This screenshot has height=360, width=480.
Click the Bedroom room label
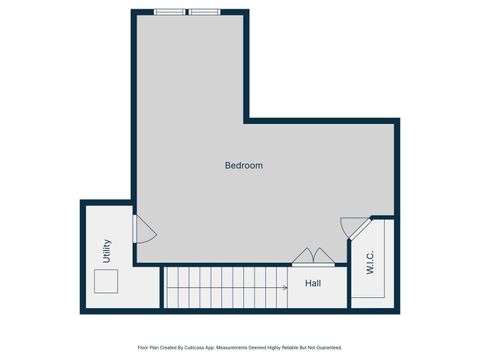click(x=243, y=165)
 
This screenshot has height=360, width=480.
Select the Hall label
click(x=313, y=283)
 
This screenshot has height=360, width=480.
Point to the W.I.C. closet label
click(x=370, y=262)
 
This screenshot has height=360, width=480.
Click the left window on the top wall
click(x=169, y=12)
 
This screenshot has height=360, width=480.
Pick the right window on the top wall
click(x=204, y=12)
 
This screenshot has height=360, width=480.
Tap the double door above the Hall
click(x=308, y=256)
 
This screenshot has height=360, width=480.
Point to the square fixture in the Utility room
click(x=106, y=282)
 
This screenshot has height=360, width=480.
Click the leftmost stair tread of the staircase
click(x=169, y=287)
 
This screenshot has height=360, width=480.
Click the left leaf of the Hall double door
click(x=301, y=256)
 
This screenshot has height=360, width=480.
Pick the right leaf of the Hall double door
click(x=316, y=256)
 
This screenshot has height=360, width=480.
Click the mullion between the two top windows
click(x=186, y=12)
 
